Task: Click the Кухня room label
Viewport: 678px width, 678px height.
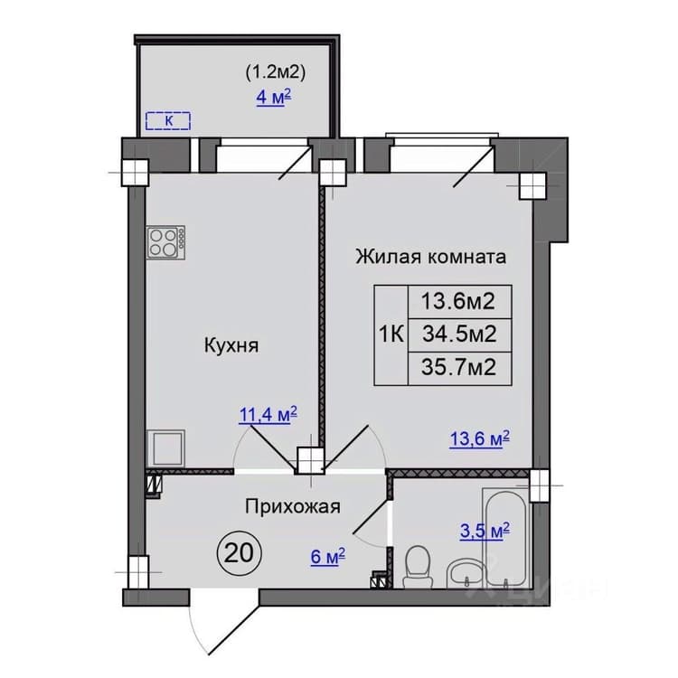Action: click(231, 346)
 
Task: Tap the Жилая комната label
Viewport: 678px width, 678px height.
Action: click(430, 257)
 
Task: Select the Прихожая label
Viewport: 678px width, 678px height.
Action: click(293, 506)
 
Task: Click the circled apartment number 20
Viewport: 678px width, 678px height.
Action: click(240, 553)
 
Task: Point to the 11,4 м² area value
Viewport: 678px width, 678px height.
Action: click(268, 414)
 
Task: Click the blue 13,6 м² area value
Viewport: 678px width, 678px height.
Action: click(479, 438)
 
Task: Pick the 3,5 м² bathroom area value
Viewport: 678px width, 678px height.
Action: click(485, 531)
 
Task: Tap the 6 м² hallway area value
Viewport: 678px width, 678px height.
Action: click(328, 557)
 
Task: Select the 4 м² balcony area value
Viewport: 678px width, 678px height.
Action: click(274, 98)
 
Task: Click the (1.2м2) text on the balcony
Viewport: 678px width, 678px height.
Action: click(276, 72)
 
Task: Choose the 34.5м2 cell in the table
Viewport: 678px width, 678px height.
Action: click(459, 334)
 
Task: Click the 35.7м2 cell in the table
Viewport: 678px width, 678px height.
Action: click(459, 369)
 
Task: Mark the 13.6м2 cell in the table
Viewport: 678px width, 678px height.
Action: click(459, 302)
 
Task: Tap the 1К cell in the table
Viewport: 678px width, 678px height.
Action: click(391, 335)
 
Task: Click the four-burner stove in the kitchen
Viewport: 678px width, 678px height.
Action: click(165, 242)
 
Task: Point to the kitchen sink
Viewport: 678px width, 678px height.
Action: click(166, 448)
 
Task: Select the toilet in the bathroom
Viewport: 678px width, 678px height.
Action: click(417, 567)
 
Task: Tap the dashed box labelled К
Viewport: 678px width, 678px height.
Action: click(168, 121)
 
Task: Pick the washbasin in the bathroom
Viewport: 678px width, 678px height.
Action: click(463, 574)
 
